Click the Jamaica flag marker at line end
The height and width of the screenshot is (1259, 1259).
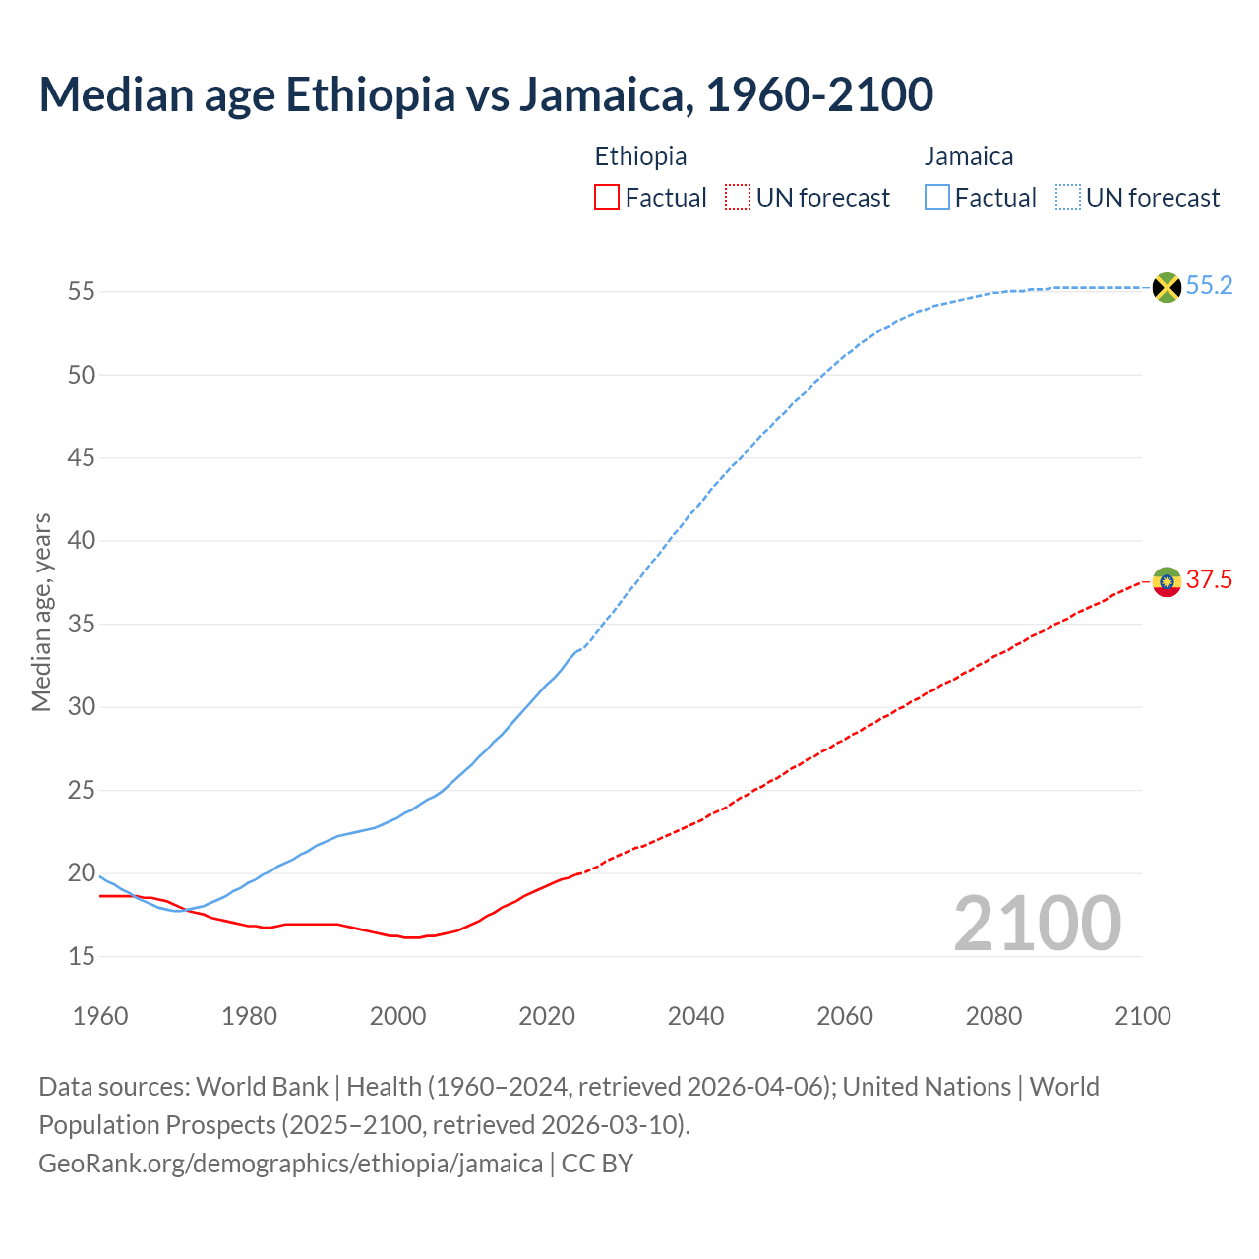pos(1167,287)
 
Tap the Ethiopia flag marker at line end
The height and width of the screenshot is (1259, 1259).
pos(1167,582)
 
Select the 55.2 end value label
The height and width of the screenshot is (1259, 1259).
pos(1209,286)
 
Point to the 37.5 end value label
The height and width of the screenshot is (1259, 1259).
pos(1209,580)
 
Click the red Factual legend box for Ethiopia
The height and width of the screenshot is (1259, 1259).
pos(607,198)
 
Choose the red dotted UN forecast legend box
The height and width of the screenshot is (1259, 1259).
pos(738,198)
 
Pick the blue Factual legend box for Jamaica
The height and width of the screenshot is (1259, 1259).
pos(937,198)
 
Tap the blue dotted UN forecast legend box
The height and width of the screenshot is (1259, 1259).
pos(1067,198)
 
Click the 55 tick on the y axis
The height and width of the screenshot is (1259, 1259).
pos(82,292)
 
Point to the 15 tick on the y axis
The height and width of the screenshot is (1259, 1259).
pos(82,956)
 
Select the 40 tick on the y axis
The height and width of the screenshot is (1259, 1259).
pos(82,541)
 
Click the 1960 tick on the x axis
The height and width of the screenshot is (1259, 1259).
pos(100,1016)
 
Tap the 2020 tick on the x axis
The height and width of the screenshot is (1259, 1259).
pos(547,1016)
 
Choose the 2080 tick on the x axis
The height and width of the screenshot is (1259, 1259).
pos(993,1016)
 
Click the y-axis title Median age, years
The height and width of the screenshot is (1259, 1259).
pos(41,612)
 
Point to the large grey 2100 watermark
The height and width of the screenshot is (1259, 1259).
pos(1037,924)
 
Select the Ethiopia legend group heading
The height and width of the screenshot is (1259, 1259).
pos(640,156)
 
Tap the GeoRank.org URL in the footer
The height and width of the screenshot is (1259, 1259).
pos(290,1164)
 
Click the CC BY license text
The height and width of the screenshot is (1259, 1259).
pos(598,1164)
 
